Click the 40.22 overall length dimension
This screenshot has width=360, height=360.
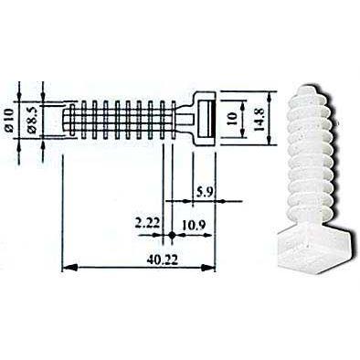(163, 260)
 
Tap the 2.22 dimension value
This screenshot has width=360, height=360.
(147, 224)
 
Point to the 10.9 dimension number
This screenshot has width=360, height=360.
(194, 226)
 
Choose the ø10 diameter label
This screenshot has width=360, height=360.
(9, 120)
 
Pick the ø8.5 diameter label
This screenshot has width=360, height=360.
(32, 120)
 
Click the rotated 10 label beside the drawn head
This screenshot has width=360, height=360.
(232, 119)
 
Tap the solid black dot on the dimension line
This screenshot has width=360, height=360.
(172, 235)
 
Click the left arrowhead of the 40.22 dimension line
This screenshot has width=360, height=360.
(69, 269)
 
